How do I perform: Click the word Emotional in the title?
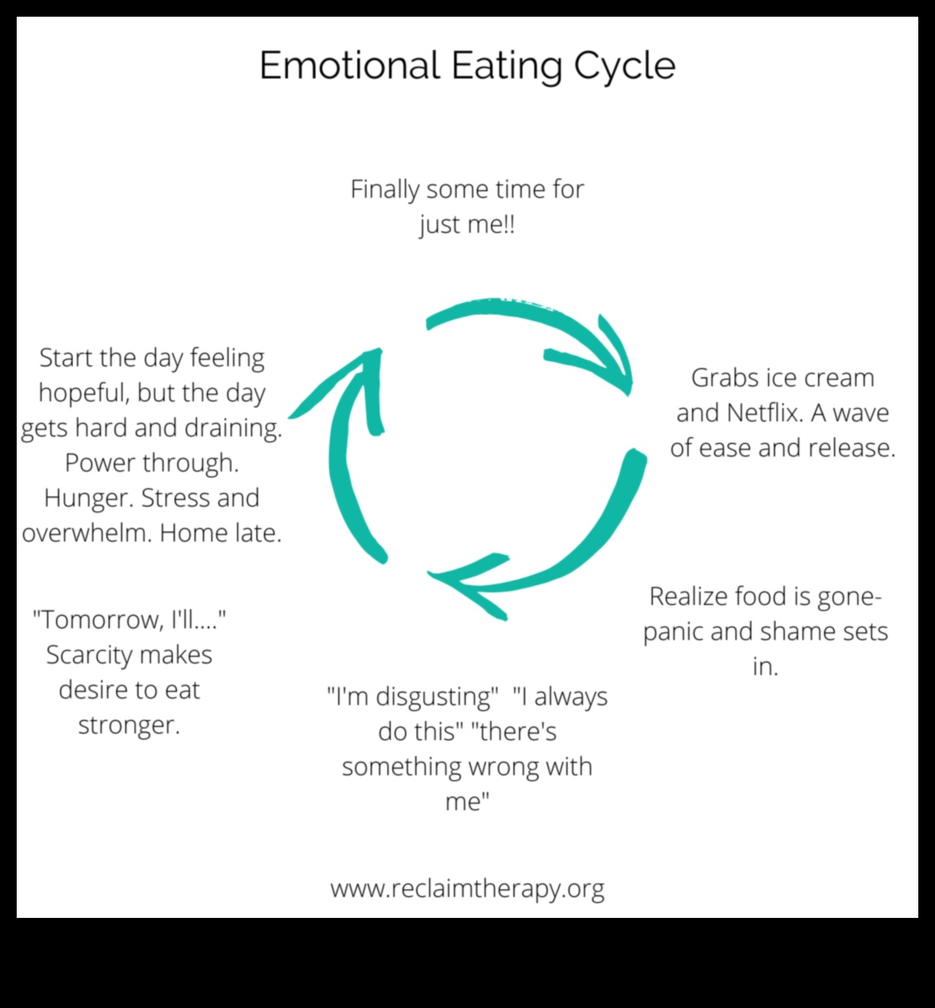(x=349, y=65)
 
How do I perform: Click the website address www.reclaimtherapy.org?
(x=467, y=889)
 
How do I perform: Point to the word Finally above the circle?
(x=384, y=190)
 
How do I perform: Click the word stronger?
(x=129, y=725)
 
